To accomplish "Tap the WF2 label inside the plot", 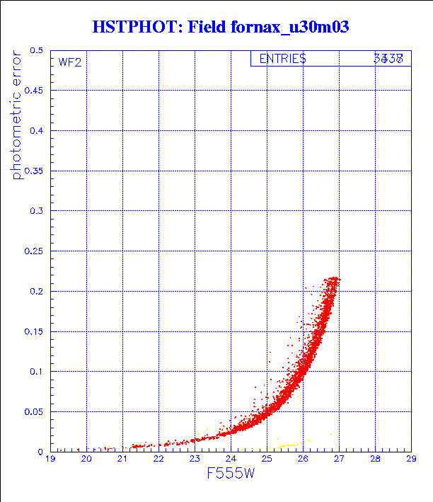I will [69, 62].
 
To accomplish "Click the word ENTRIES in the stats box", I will [282, 59].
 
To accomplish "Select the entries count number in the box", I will [388, 59].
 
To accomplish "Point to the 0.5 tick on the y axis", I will [36, 51].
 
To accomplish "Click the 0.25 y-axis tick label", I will [33, 251].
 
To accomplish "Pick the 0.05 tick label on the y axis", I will [33, 411].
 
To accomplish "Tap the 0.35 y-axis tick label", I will [33, 171].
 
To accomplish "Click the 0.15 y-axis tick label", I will [33, 331].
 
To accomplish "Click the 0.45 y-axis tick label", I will [33, 91].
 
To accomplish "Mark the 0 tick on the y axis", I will [41, 451].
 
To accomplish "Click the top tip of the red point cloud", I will [333, 278].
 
